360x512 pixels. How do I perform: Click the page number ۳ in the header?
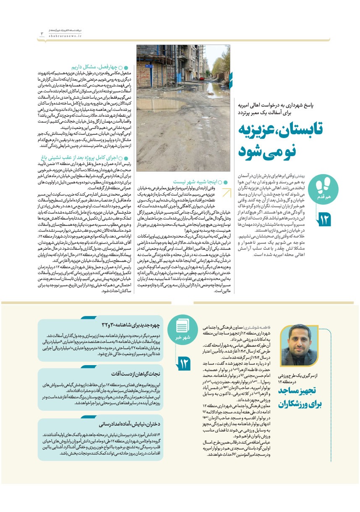tap(42, 34)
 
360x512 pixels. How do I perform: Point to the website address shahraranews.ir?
tap(58, 36)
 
